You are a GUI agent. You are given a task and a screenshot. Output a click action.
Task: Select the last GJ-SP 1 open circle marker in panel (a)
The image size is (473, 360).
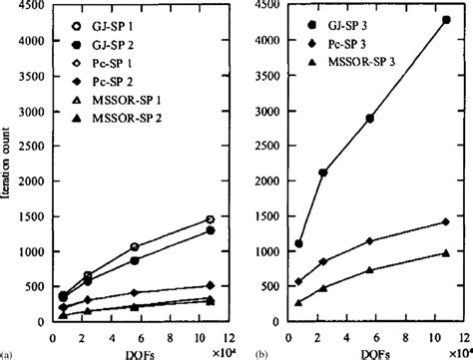click(210, 218)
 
